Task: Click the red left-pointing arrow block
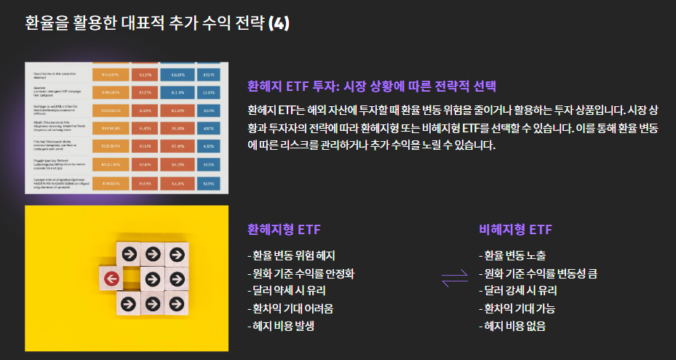pos(111,278)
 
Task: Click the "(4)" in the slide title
pos(279,23)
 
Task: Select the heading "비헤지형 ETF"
pos(515,230)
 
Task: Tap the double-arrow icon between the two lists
pos(455,277)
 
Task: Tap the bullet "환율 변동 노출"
pos(512,255)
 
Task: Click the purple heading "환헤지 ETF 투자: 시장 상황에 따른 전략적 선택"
pos(371,87)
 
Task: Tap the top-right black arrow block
pos(176,255)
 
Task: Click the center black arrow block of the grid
pos(153,278)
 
